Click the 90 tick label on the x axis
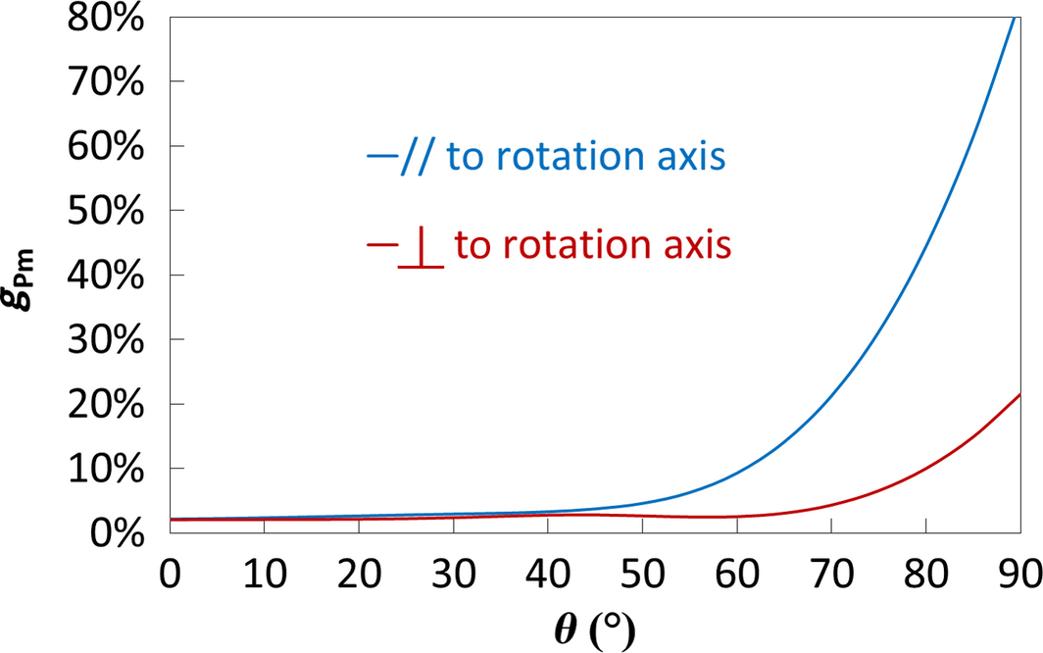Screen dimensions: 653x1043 click(x=1019, y=571)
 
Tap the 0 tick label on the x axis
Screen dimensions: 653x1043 click(x=171, y=571)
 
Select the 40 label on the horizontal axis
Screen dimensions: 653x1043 click(x=548, y=571)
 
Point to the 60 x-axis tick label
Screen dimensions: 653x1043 click(x=737, y=571)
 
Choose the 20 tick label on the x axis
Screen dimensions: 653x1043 click(x=359, y=571)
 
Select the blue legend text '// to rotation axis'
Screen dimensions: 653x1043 click(x=547, y=157)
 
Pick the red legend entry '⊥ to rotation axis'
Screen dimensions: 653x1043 click(x=549, y=245)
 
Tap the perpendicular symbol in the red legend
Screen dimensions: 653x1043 click(x=422, y=249)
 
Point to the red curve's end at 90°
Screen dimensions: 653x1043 click(x=1019, y=394)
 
